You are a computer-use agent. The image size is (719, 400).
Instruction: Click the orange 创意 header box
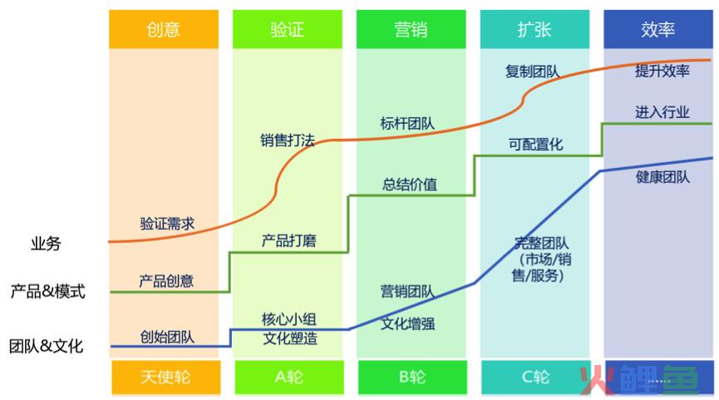pyautogui.click(x=164, y=29)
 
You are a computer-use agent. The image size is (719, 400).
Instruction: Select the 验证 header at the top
pyautogui.click(x=288, y=29)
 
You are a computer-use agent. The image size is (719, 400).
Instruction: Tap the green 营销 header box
pyautogui.click(x=411, y=29)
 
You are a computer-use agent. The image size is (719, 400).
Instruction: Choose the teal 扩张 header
pyautogui.click(x=534, y=29)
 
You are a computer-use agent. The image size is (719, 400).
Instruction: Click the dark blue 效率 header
pyautogui.click(x=658, y=29)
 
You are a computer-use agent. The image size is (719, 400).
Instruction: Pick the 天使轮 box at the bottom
pyautogui.click(x=165, y=377)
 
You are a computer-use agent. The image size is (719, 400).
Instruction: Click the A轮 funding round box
pyautogui.click(x=289, y=377)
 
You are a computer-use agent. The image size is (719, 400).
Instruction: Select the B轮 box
pyautogui.click(x=412, y=377)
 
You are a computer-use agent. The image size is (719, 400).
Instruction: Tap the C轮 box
pyautogui.click(x=536, y=377)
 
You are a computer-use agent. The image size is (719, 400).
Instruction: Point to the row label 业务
pyautogui.click(x=46, y=244)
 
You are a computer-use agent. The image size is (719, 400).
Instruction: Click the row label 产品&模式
pyautogui.click(x=47, y=291)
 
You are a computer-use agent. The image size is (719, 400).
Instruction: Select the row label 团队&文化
pyautogui.click(x=47, y=346)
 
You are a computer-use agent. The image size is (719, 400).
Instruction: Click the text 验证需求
pyautogui.click(x=167, y=224)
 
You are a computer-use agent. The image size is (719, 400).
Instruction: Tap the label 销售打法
pyautogui.click(x=288, y=140)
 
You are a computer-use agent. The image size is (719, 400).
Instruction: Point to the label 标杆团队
pyautogui.click(x=407, y=123)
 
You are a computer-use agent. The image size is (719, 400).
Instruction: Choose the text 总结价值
pyautogui.click(x=410, y=185)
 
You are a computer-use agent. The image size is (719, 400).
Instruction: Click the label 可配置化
pyautogui.click(x=535, y=145)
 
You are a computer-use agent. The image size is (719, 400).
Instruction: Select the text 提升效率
pyautogui.click(x=662, y=71)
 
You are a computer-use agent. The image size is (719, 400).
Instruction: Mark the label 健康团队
pyautogui.click(x=662, y=176)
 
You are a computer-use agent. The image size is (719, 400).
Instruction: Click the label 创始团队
pyautogui.click(x=167, y=337)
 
